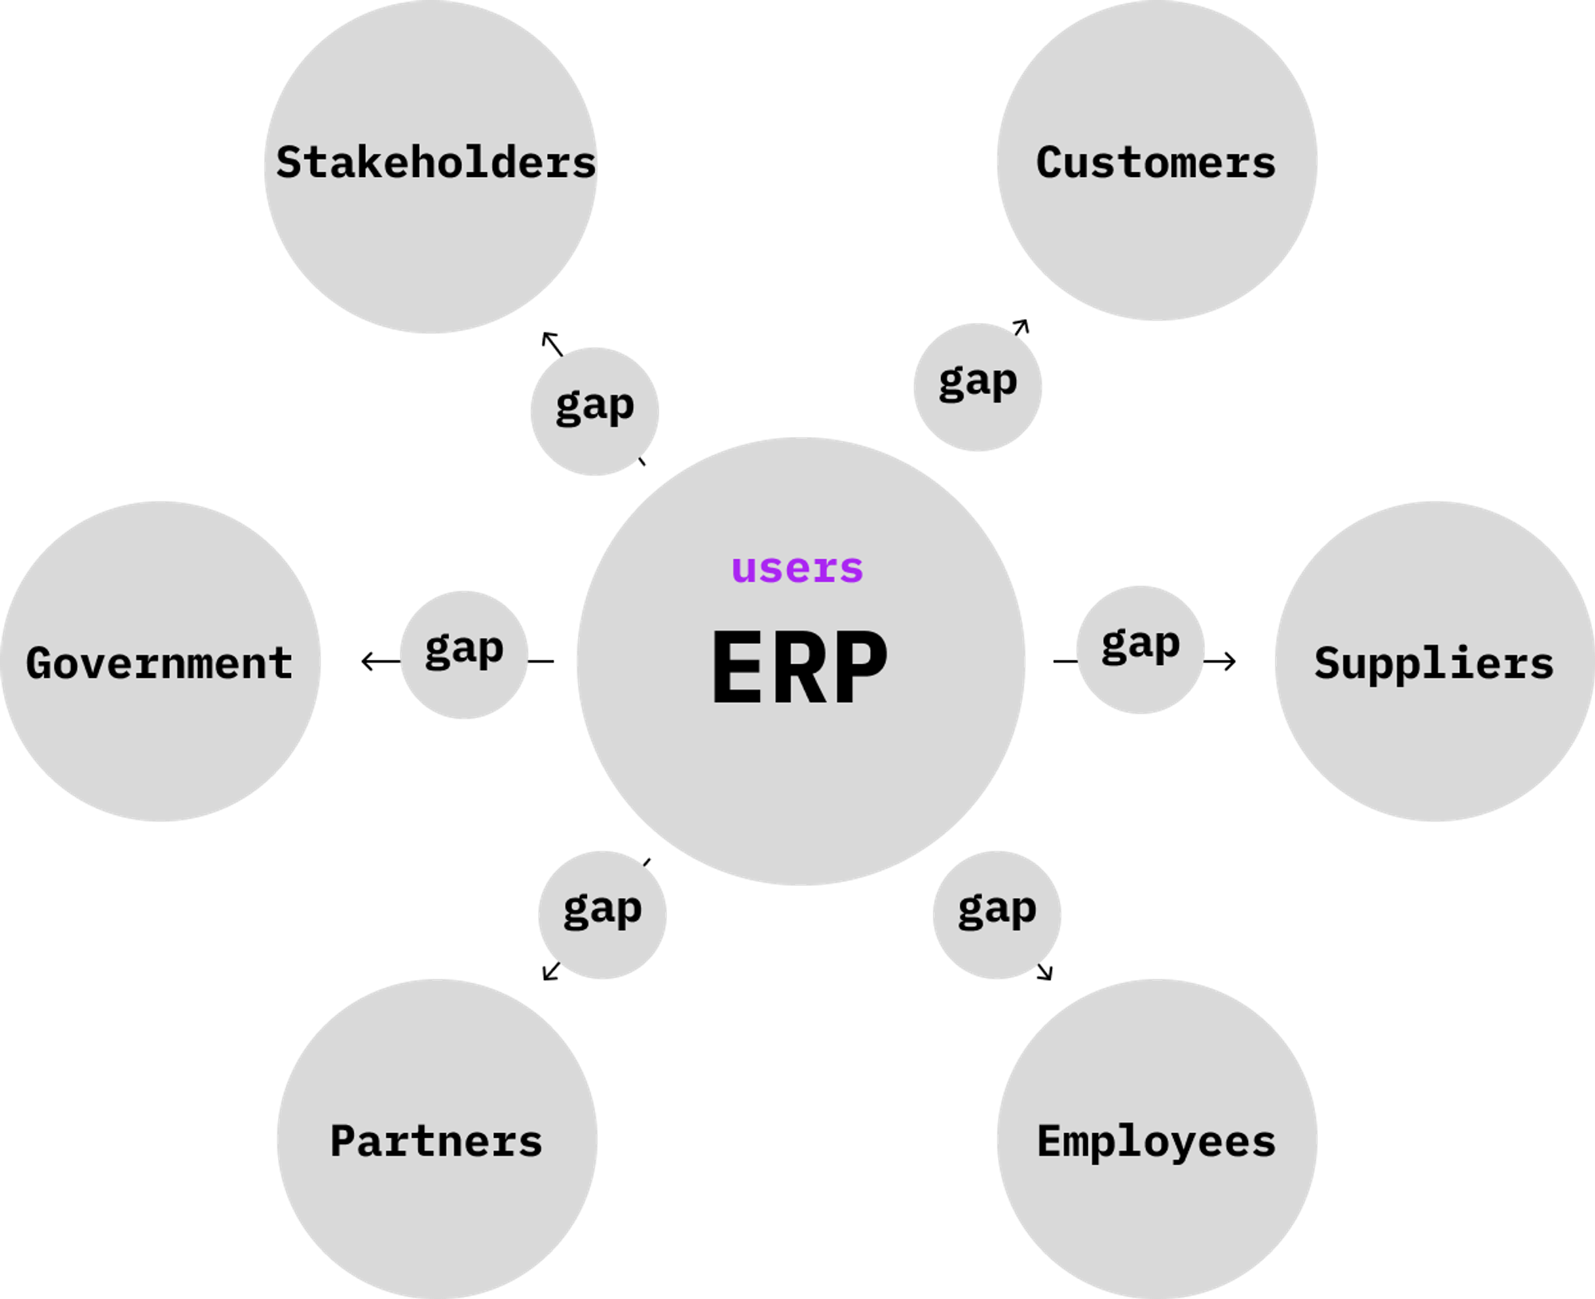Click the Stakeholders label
(435, 163)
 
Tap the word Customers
(1156, 163)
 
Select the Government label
(159, 663)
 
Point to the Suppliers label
(1434, 663)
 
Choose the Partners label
(436, 1141)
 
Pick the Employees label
(1156, 1141)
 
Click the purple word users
(797, 569)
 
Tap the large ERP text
(799, 667)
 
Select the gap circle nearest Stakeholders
(595, 411)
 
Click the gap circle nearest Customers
(978, 388)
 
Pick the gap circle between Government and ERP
(464, 655)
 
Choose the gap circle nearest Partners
(602, 915)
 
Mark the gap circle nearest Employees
(997, 915)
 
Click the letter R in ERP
(800, 667)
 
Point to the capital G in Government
(40, 663)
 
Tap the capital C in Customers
(1050, 163)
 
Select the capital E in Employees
(1050, 1141)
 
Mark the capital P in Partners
(344, 1141)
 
